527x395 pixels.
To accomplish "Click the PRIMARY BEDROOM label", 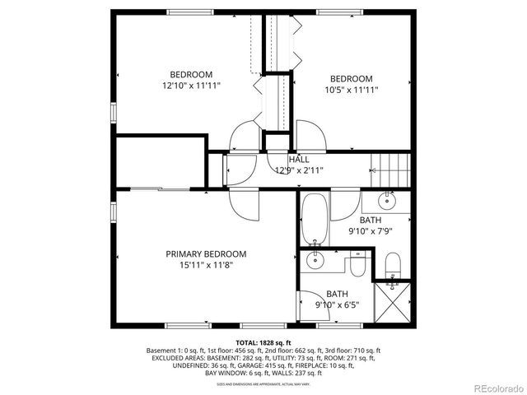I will [205, 254].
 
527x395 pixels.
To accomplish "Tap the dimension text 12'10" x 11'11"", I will [192, 85].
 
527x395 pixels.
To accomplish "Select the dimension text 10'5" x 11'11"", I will [351, 91].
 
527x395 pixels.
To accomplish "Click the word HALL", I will [299, 159].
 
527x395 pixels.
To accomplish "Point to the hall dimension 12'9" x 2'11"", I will [298, 170].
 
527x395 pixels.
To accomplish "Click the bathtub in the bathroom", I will [314, 220].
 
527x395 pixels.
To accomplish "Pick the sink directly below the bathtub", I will [314, 262].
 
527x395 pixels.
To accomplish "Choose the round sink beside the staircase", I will [386, 201].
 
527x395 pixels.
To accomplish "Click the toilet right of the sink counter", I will [357, 267].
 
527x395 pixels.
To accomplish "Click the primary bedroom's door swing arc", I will [244, 203].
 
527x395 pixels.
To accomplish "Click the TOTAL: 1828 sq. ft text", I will [263, 342].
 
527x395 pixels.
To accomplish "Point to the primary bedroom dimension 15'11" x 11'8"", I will [205, 265].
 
